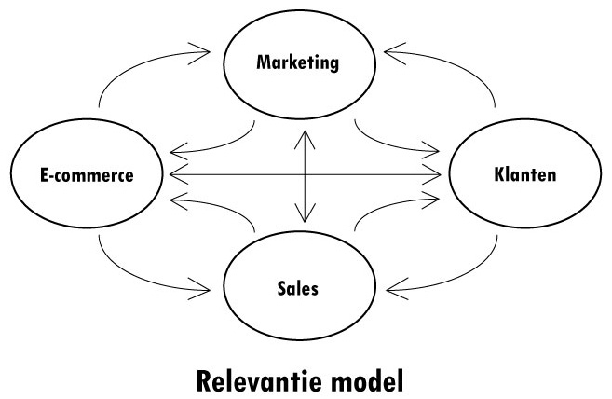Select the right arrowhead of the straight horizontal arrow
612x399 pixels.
point(436,174)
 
